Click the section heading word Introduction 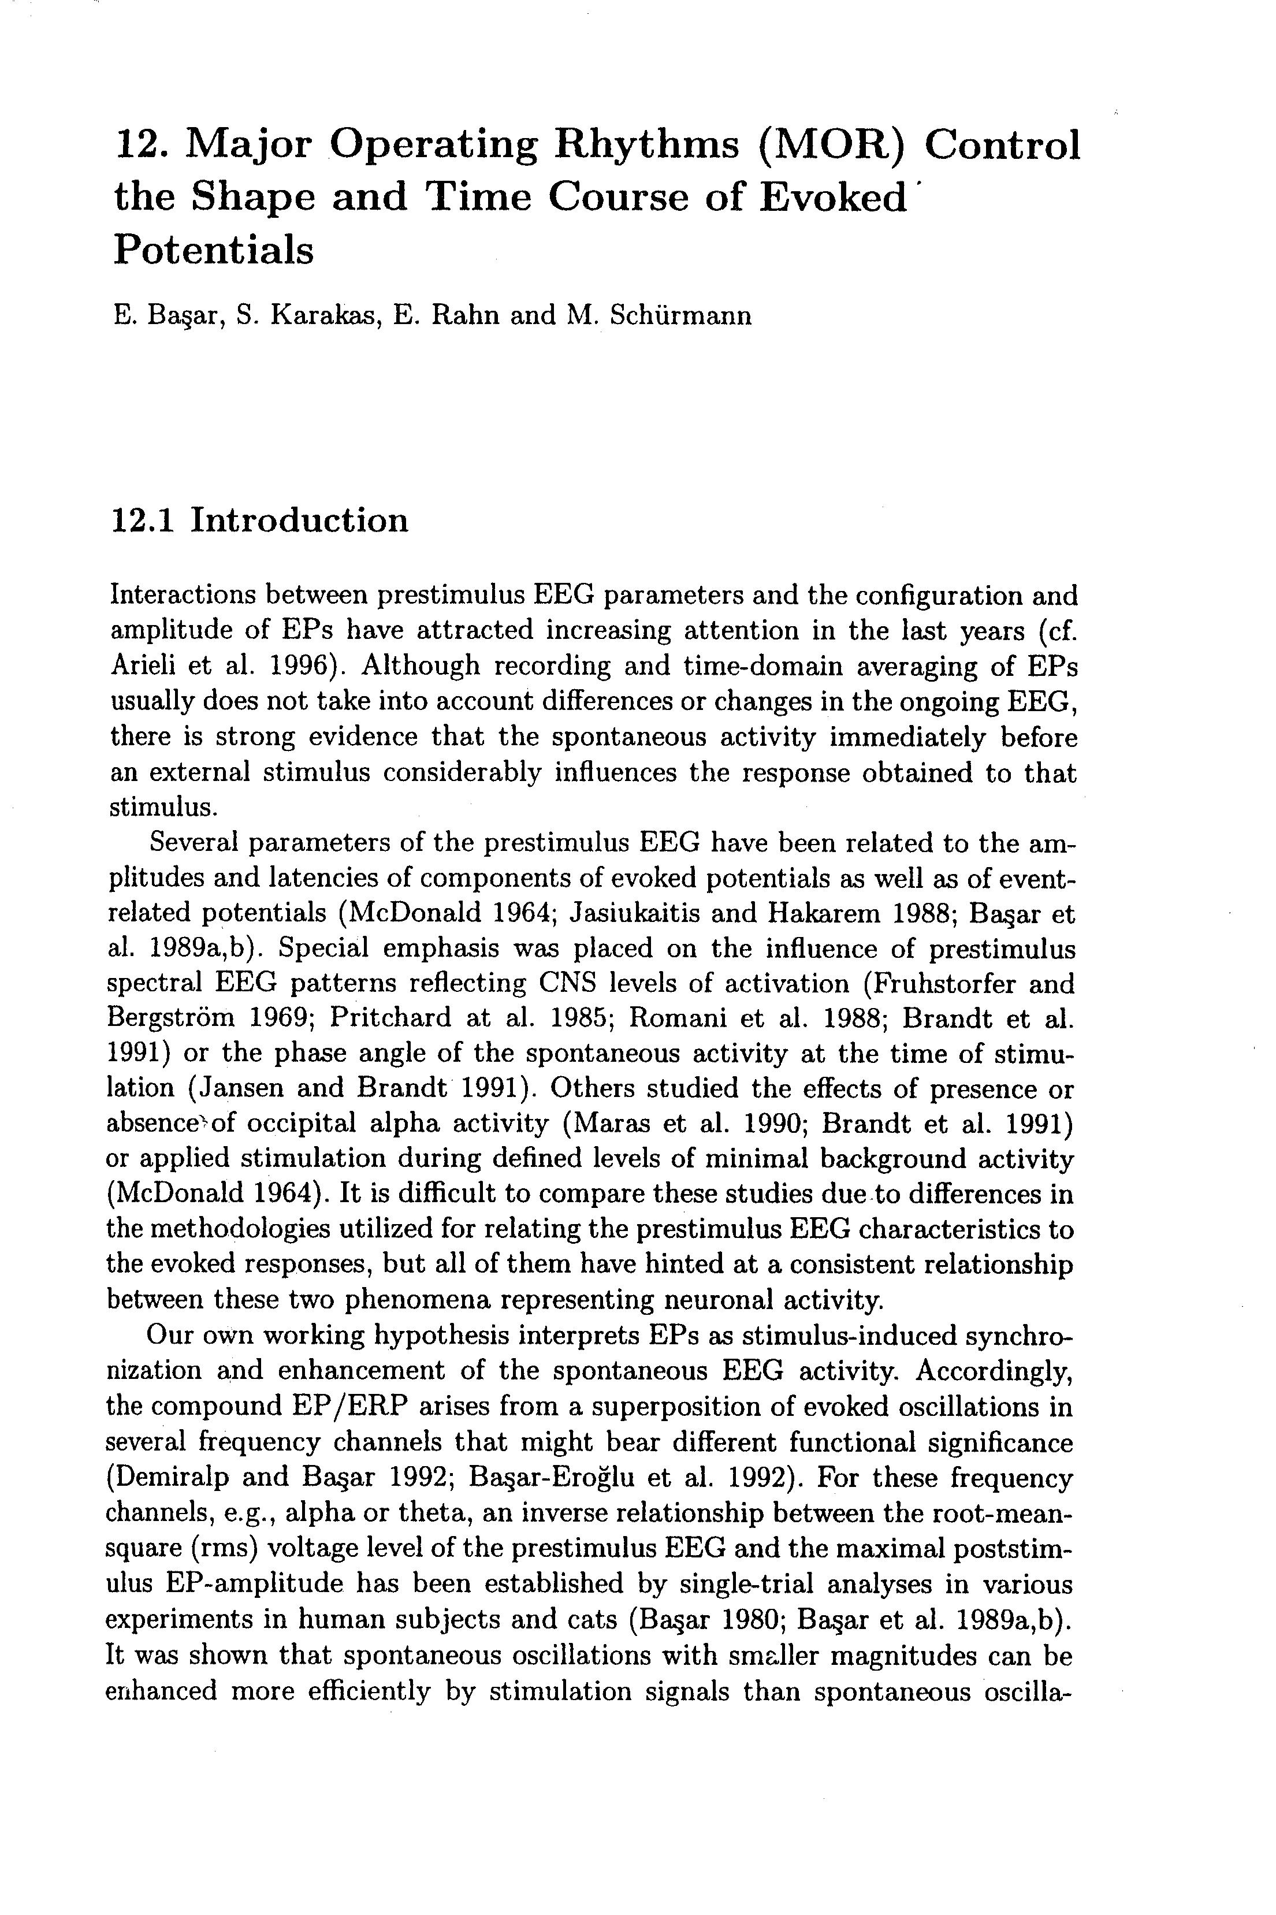(299, 520)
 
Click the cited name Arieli (143, 665)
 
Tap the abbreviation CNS (567, 984)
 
